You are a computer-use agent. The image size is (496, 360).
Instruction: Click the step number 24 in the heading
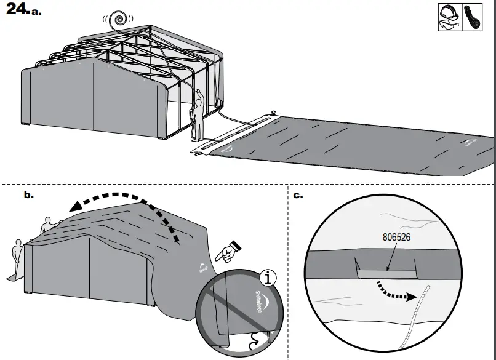[x=14, y=10]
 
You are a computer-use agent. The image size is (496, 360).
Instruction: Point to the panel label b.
[x=28, y=195]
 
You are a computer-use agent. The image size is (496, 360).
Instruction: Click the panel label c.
[x=297, y=195]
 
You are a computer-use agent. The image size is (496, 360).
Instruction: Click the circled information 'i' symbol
[x=267, y=278]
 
